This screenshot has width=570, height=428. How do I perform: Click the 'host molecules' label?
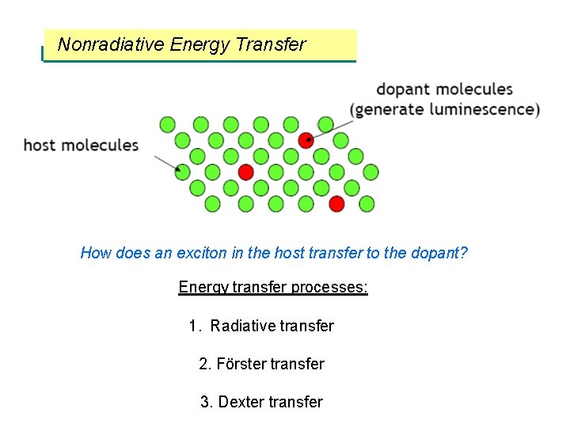(81, 145)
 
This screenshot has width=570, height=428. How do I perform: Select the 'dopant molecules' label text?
(444, 90)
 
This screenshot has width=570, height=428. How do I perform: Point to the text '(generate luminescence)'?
(446, 109)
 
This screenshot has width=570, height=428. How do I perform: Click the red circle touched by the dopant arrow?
(306, 140)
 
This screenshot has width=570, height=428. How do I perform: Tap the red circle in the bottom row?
(336, 204)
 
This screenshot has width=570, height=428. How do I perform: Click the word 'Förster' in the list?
(241, 364)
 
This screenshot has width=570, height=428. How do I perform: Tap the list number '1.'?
(196, 326)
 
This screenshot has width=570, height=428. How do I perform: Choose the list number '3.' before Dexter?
(207, 402)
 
